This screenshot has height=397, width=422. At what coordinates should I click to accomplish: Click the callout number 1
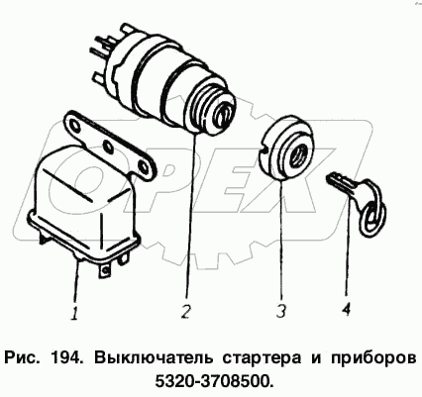pyautogui.click(x=75, y=313)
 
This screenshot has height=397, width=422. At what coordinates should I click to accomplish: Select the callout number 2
pyautogui.click(x=187, y=310)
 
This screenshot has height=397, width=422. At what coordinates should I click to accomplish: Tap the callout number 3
pyautogui.click(x=281, y=310)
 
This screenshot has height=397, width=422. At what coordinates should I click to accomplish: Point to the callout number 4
pyautogui.click(x=346, y=309)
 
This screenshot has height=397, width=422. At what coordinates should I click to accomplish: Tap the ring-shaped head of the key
pyautogui.click(x=373, y=215)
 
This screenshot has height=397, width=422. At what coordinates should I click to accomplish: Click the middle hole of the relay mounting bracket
pyautogui.click(x=108, y=146)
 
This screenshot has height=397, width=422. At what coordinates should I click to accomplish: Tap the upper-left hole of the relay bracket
pyautogui.click(x=75, y=127)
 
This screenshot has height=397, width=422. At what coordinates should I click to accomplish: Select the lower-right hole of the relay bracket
pyautogui.click(x=143, y=165)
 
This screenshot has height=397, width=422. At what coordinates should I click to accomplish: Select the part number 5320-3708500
pyautogui.click(x=214, y=381)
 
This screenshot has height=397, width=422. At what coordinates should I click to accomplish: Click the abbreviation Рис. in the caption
pyautogui.click(x=22, y=358)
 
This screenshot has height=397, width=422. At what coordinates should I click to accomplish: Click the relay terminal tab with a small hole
pyautogui.click(x=103, y=269)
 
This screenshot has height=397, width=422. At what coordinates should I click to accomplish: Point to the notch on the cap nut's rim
pyautogui.click(x=264, y=150)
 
